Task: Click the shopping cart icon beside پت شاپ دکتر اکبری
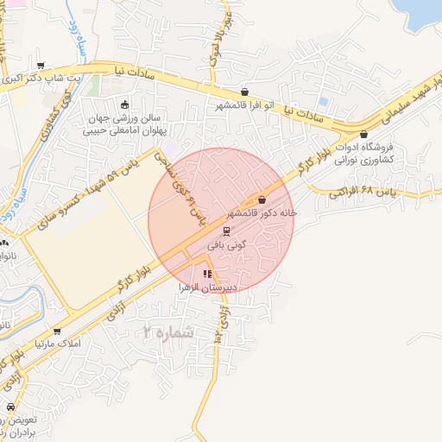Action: [41, 65]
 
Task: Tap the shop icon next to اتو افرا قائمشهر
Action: [245, 92]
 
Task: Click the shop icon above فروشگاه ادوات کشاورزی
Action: [364, 135]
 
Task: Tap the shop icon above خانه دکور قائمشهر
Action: [262, 199]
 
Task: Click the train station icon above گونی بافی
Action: [226, 231]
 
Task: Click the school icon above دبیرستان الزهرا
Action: [207, 274]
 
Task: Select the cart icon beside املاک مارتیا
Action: [57, 331]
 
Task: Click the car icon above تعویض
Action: [10, 406]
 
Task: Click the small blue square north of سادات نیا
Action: [322, 101]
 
